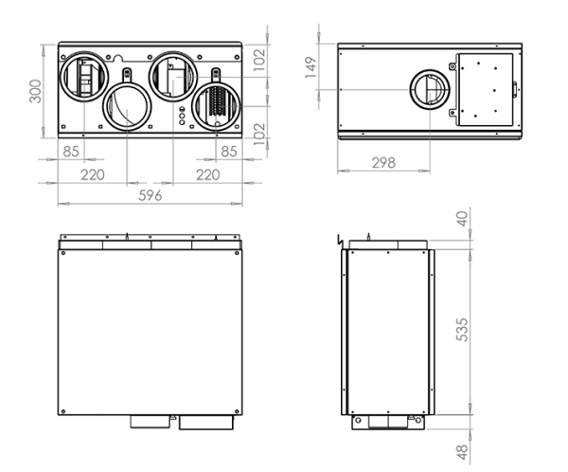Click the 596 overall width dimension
150,196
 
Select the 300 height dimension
36,91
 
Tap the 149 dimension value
311,67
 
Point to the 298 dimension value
383,163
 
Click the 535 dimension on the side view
462,330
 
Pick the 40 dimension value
462,219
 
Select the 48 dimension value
462,452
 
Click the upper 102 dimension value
259,60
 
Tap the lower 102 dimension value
259,135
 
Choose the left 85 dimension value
71,152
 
